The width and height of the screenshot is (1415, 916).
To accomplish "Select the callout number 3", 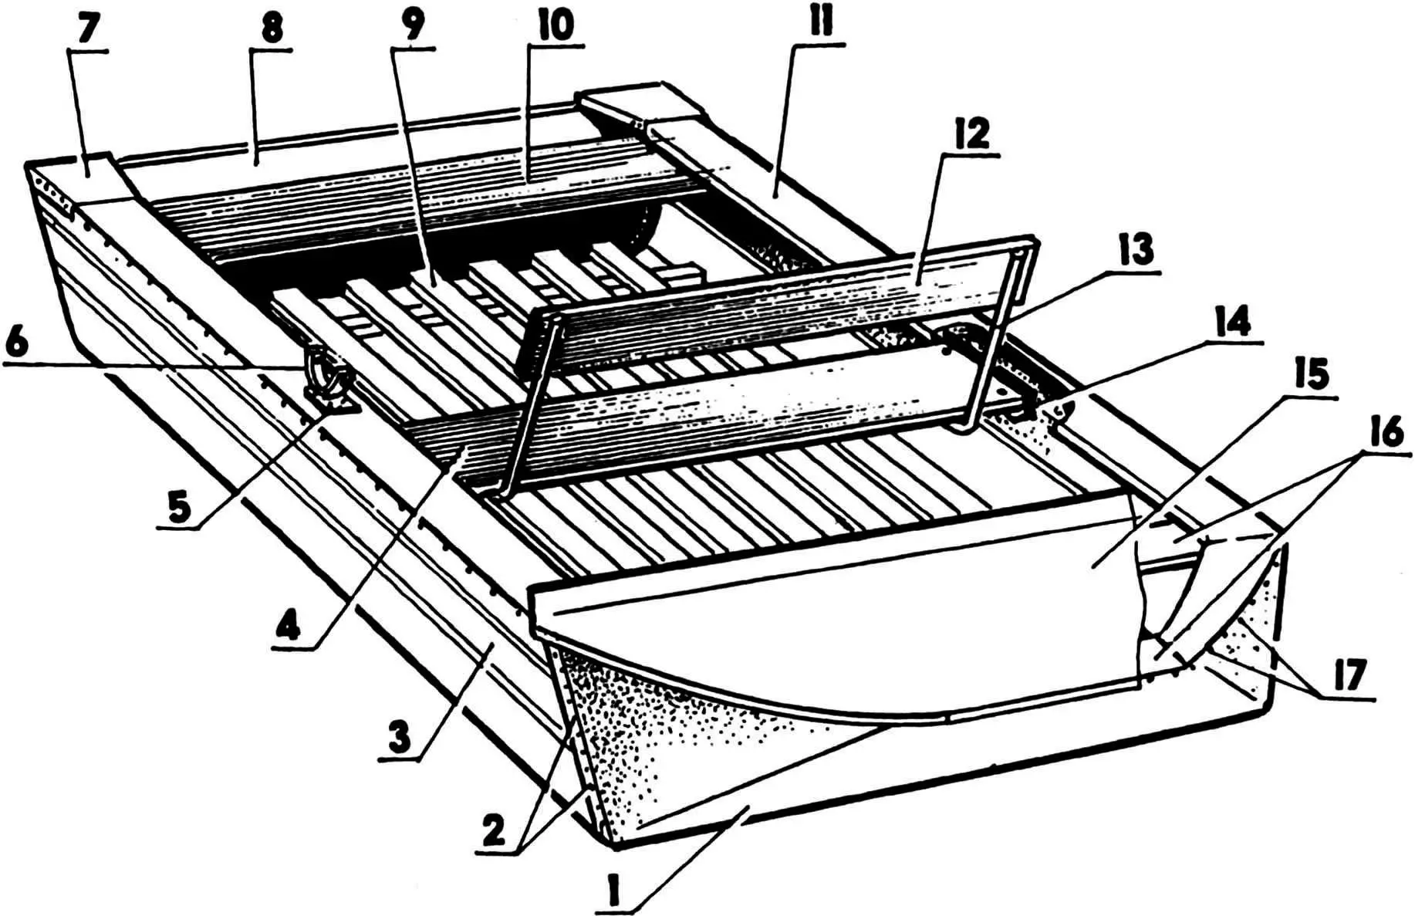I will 397,740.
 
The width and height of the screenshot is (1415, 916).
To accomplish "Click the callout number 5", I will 179,510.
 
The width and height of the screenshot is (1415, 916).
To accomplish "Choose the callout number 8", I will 271,29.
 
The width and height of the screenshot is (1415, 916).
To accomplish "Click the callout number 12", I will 973,135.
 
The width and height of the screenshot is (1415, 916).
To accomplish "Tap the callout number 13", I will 1137,248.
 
